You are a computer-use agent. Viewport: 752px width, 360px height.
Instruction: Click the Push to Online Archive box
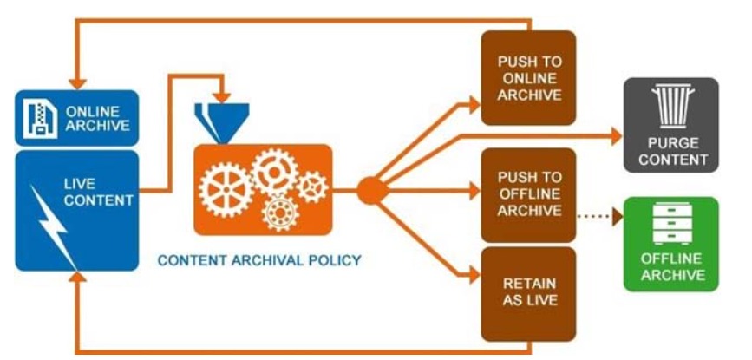529,79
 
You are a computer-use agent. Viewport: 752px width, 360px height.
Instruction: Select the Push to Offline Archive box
529,193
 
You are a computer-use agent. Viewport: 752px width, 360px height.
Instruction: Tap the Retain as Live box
529,293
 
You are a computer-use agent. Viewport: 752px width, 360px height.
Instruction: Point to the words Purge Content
675,150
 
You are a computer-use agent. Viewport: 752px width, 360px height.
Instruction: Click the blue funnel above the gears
222,120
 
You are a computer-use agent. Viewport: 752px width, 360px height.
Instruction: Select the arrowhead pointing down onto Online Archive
78,84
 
